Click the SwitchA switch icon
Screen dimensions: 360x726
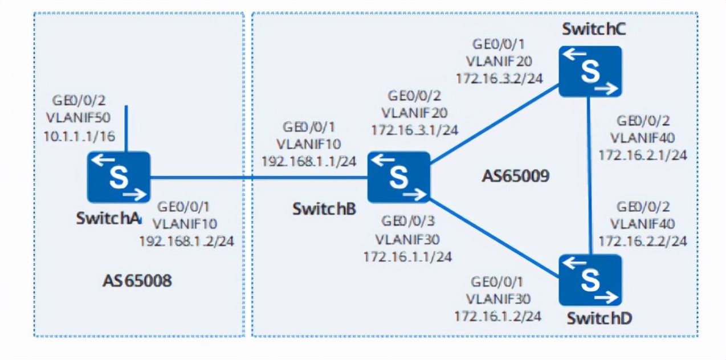click(x=119, y=177)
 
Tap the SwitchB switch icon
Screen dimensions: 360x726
click(x=398, y=177)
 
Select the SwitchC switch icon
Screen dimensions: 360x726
click(x=589, y=71)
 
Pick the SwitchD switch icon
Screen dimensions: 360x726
click(x=590, y=280)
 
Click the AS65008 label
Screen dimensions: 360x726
click(x=137, y=280)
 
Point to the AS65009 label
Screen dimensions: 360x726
click(x=515, y=176)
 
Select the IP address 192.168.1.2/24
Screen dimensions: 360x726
click(x=186, y=241)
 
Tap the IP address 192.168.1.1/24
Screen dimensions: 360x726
click(x=309, y=161)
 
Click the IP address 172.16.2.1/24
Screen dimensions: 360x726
click(x=642, y=155)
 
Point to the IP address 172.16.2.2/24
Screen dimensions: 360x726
click(x=642, y=241)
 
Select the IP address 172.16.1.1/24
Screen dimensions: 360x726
click(x=407, y=256)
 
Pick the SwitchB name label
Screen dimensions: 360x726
click(x=324, y=208)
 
